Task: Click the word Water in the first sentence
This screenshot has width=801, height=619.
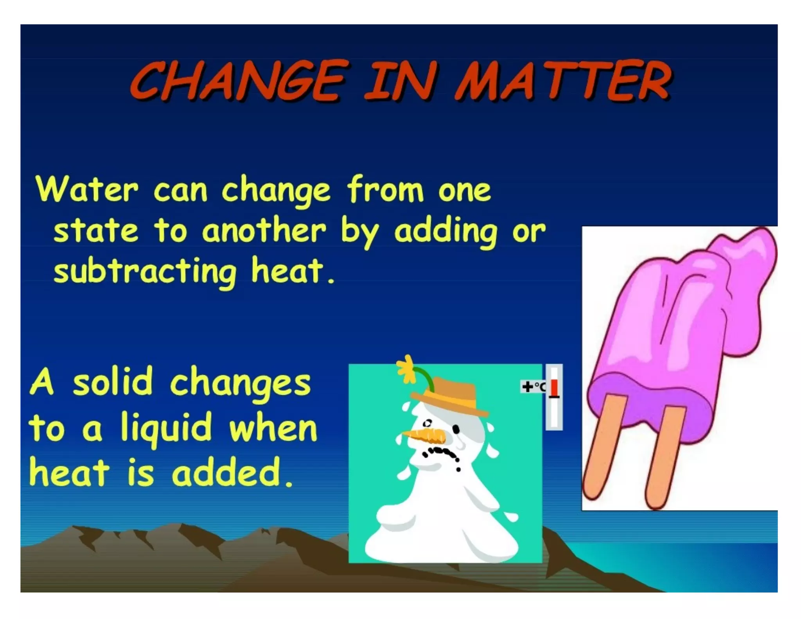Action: (87, 190)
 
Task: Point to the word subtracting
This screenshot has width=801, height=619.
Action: (145, 271)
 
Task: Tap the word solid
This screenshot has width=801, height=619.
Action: (113, 382)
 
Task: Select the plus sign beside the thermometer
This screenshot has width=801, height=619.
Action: (527, 387)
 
